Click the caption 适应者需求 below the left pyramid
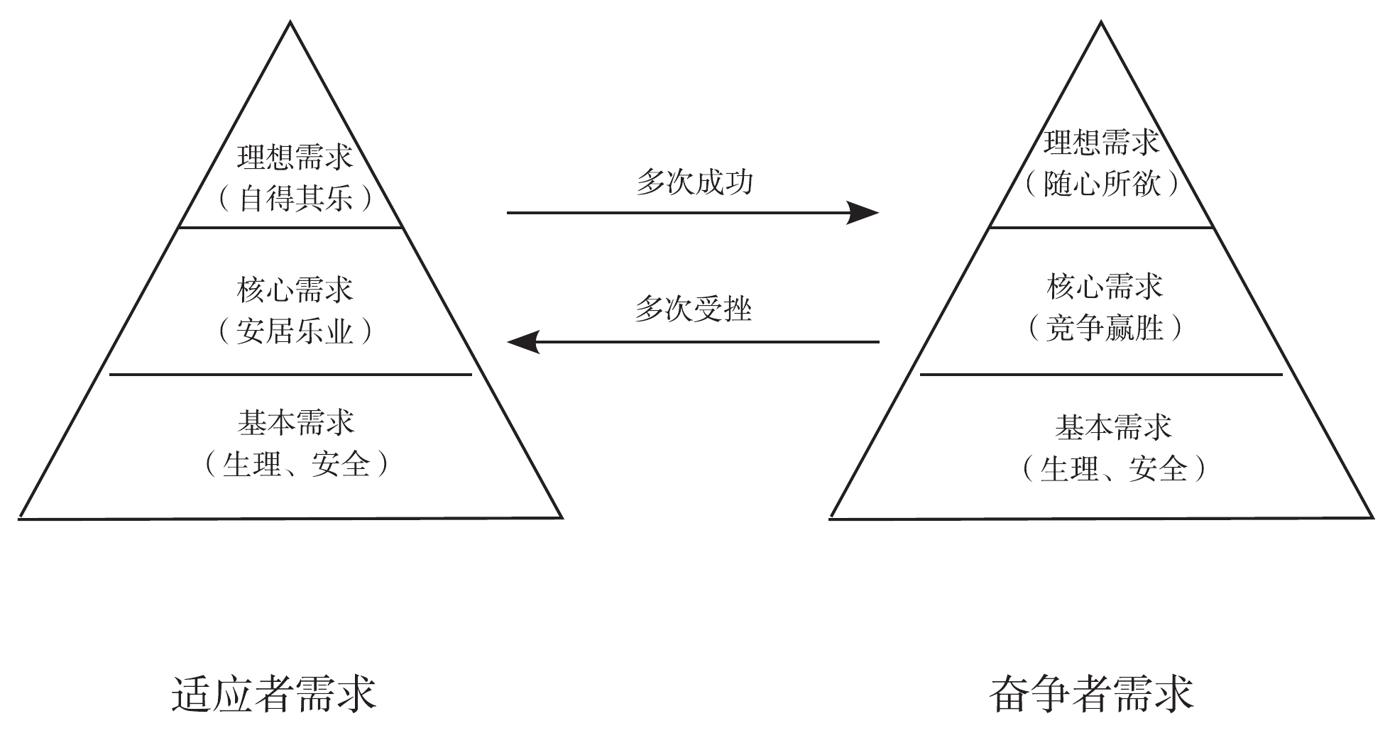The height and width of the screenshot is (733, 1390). (273, 693)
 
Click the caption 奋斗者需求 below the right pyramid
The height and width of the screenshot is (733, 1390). (1091, 693)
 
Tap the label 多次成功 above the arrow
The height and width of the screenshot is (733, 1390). (694, 182)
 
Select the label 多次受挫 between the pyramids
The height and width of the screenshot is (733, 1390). (693, 309)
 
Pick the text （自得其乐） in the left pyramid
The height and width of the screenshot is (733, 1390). (295, 199)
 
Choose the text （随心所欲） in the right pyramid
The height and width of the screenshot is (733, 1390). (1102, 184)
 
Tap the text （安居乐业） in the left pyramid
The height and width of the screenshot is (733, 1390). (295, 331)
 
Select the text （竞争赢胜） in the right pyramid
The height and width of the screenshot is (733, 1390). (1105, 328)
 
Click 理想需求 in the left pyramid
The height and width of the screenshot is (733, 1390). (295, 157)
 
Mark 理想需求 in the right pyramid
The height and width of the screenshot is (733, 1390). (1101, 143)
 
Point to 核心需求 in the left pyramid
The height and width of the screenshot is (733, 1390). (295, 290)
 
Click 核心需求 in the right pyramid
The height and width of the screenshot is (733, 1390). (1105, 287)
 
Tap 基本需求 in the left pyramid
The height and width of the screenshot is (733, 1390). (296, 423)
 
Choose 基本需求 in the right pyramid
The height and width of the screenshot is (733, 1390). (1113, 427)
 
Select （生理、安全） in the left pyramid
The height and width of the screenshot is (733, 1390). (296, 465)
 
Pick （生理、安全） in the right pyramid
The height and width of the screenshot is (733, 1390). (1113, 469)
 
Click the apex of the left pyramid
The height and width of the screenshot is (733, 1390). (290, 23)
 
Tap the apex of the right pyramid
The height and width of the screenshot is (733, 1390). (1101, 23)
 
